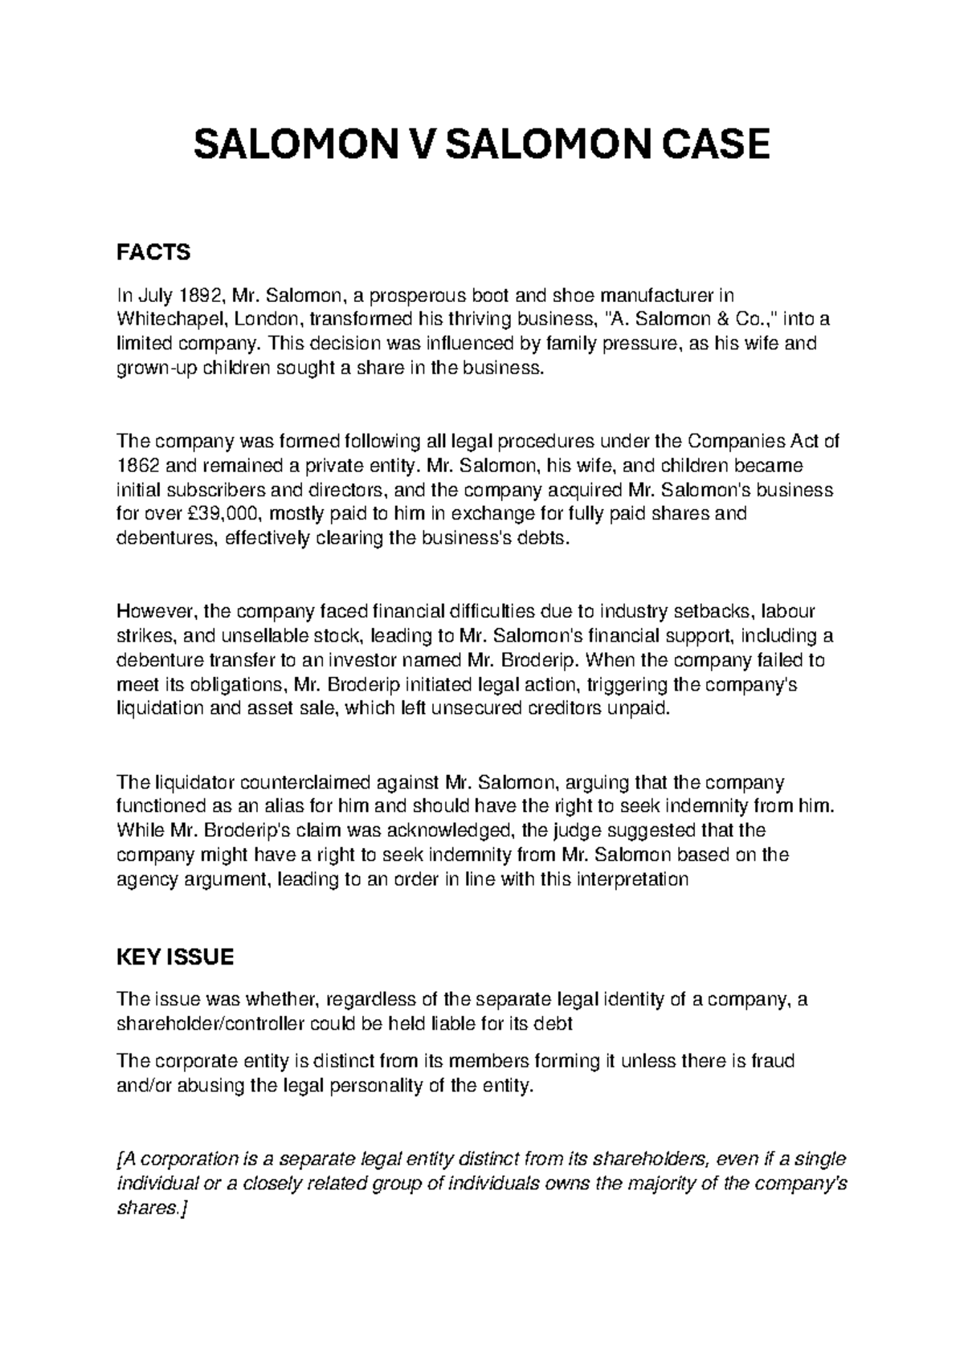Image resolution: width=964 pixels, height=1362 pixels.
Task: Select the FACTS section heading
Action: (x=153, y=253)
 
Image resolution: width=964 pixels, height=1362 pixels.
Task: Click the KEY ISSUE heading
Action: (x=175, y=957)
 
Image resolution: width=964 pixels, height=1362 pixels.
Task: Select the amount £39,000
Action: (x=226, y=514)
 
